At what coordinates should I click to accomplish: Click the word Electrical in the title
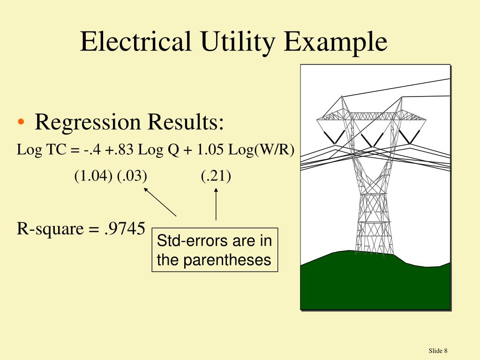136,42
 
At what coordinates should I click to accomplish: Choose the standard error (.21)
216,176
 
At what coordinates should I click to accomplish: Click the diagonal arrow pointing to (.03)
160,202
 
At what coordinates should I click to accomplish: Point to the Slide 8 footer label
438,351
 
